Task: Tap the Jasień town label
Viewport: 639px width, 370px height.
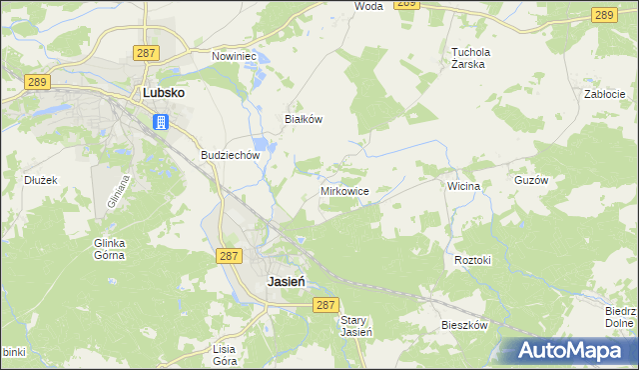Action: point(286,282)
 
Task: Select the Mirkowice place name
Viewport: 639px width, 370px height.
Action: point(344,190)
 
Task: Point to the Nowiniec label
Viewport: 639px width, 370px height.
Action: point(235,57)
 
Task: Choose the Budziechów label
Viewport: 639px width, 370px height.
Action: point(231,156)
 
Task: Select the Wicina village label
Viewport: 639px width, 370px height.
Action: point(464,186)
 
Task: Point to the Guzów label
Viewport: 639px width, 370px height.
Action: point(559,181)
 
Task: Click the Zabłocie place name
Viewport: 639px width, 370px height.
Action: point(604,94)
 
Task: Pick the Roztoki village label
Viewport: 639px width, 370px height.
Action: point(473,260)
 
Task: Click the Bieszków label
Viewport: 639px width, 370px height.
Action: point(464,326)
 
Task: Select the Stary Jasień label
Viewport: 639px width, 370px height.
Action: point(356,326)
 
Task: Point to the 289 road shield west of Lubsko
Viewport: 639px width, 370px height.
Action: point(37,83)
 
